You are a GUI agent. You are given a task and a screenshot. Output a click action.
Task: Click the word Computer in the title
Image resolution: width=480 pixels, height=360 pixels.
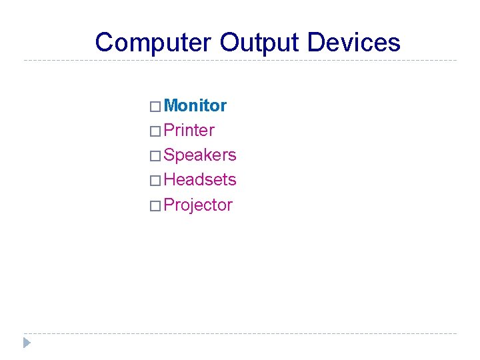point(153,43)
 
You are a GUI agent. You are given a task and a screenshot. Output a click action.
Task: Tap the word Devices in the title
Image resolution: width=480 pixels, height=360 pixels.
point(354,43)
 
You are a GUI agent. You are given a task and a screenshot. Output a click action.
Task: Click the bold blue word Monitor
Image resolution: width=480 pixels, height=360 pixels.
point(195,105)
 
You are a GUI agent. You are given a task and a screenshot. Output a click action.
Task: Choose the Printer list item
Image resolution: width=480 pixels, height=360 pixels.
point(189,130)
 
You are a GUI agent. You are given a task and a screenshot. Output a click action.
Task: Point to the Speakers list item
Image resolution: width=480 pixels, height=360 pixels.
point(199,155)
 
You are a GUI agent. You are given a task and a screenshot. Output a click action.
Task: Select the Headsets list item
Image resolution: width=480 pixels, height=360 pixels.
point(199,179)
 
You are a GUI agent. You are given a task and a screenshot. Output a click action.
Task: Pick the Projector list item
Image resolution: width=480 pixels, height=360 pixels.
point(197,205)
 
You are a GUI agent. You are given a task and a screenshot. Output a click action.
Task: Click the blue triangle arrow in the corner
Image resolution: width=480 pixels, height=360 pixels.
point(27,343)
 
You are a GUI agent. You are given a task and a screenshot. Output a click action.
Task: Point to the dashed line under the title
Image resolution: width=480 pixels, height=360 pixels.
point(240,61)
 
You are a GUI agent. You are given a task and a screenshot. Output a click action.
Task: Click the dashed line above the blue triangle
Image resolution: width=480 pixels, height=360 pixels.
point(240,333)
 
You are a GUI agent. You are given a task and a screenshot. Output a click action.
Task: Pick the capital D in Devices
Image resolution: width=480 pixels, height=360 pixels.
point(317,43)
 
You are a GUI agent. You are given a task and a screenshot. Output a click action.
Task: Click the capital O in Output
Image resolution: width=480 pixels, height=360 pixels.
point(230,43)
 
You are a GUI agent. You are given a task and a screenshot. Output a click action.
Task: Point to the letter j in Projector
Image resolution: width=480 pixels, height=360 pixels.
point(191,206)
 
